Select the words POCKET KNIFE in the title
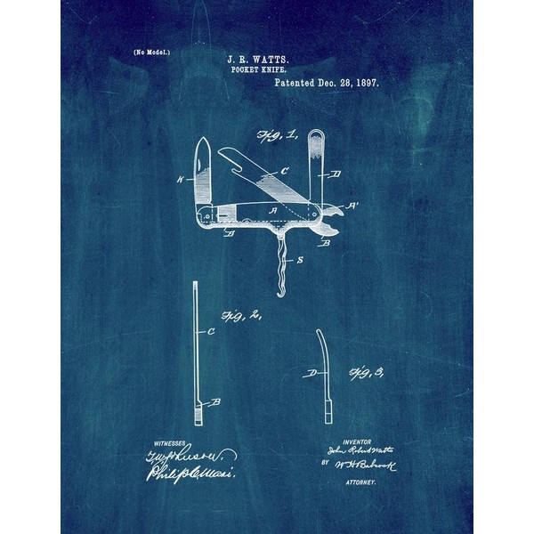point(266,67)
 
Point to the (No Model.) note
point(152,53)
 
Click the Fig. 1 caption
point(271,136)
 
